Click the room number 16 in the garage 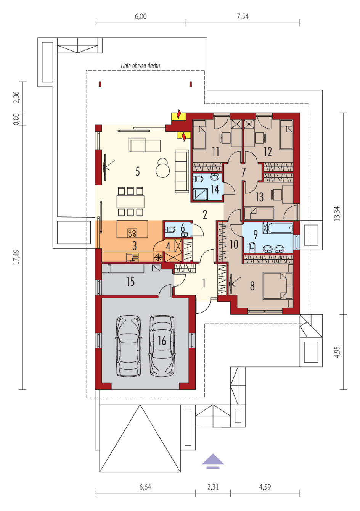click(x=162, y=341)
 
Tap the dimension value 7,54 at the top click(x=243, y=16)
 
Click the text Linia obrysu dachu click(x=140, y=66)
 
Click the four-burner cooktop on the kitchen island click(x=132, y=233)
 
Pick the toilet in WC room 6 click(x=170, y=230)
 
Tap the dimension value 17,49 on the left click(x=16, y=256)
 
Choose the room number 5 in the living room click(x=138, y=172)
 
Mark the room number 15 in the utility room click(x=131, y=282)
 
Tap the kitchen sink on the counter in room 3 click(x=132, y=258)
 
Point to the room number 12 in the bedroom click(x=268, y=152)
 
